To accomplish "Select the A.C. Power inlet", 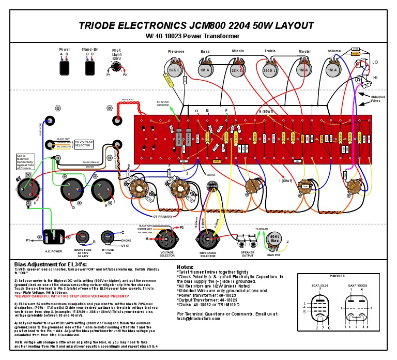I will (x=53, y=236).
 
